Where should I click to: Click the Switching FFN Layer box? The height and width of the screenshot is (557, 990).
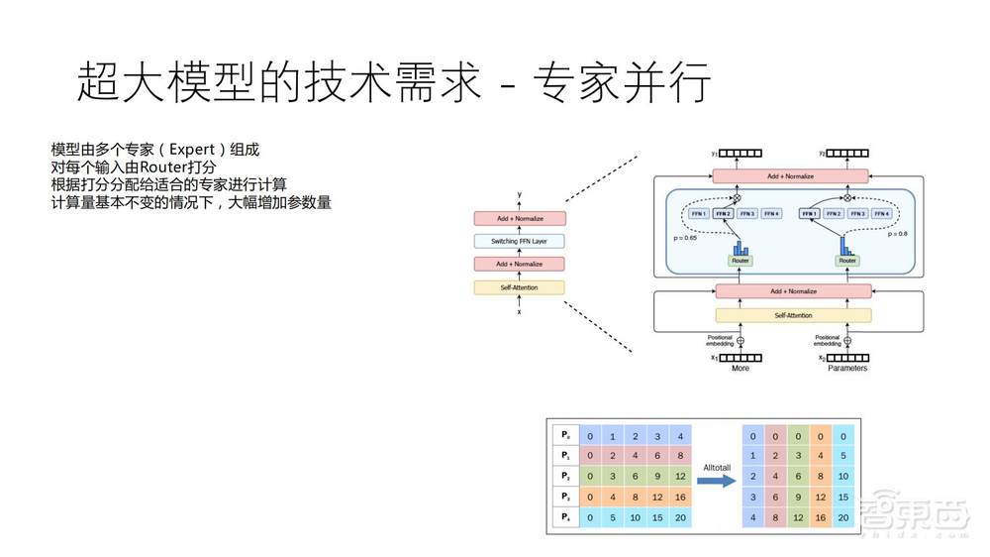point(519,241)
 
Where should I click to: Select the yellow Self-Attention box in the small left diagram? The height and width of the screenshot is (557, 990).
point(519,287)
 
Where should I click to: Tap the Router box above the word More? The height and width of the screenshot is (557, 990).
point(740,261)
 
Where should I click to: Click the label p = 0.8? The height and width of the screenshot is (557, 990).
point(898,234)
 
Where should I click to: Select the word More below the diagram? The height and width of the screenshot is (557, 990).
point(740,368)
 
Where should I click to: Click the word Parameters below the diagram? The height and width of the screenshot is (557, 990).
point(846,368)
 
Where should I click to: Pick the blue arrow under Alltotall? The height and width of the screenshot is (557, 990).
point(716,480)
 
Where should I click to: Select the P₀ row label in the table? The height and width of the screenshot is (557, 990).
point(565,435)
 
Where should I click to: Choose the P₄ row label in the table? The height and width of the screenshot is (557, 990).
point(565,517)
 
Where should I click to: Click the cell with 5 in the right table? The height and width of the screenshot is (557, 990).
point(841,456)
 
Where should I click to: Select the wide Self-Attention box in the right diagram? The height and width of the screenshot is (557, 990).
point(792,315)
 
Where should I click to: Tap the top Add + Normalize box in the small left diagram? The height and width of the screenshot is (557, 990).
point(519,218)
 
